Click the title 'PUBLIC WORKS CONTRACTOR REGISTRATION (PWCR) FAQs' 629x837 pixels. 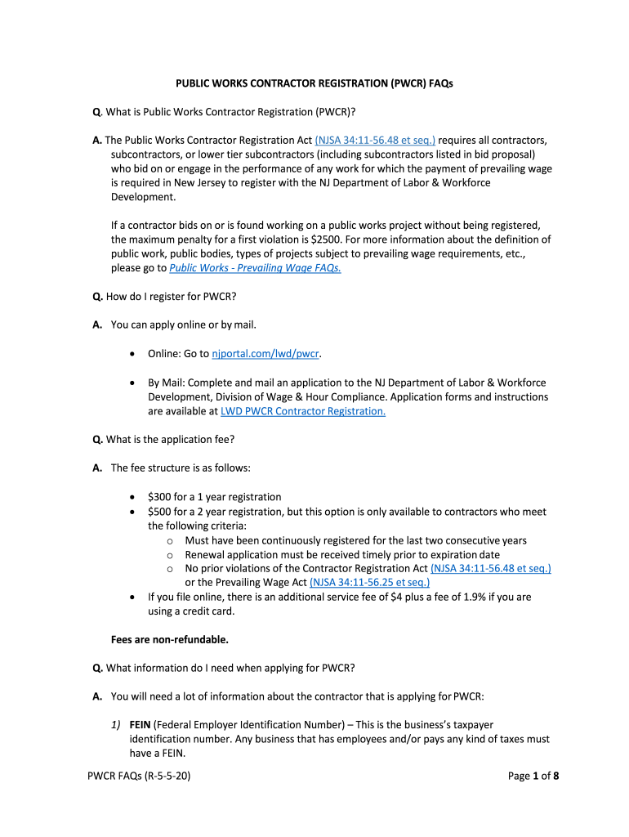tap(314, 83)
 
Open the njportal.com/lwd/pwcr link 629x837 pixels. tap(265, 353)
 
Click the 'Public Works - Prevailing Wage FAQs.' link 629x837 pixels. tap(255, 267)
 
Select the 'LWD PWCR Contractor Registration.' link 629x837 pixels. tap(303, 411)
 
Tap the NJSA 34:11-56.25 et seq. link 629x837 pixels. tap(370, 582)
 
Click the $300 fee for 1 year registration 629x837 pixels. tap(160, 497)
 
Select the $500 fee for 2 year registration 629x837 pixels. tap(160, 512)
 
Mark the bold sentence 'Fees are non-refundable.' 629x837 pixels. tap(169, 639)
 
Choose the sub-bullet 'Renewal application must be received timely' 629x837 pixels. tap(342, 554)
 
